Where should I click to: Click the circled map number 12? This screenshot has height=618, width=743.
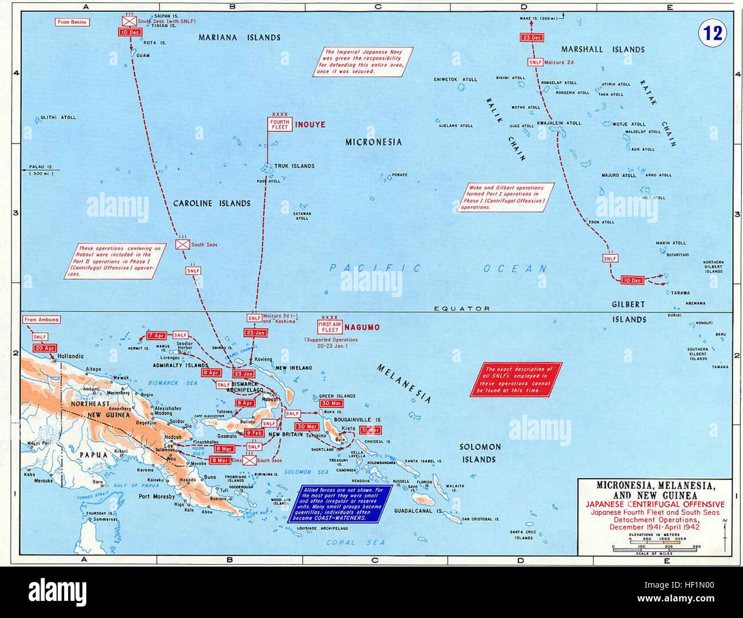pyautogui.click(x=713, y=33)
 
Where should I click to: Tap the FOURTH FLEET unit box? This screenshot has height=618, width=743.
pyautogui.click(x=280, y=124)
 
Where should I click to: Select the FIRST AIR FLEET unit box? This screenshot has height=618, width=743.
pyautogui.click(x=330, y=327)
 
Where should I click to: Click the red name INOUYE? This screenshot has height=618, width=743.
pyautogui.click(x=310, y=124)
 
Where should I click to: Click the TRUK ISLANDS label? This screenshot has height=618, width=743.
pyautogui.click(x=294, y=166)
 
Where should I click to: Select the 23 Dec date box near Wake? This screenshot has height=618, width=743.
pyautogui.click(x=532, y=38)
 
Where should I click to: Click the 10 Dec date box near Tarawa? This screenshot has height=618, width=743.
pyautogui.click(x=632, y=280)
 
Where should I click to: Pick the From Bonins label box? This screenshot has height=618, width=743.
pyautogui.click(x=72, y=22)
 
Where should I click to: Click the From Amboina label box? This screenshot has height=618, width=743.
pyautogui.click(x=42, y=320)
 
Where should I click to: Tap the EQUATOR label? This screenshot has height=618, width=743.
pyautogui.click(x=462, y=308)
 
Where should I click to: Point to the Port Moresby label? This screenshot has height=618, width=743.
pyautogui.click(x=157, y=496)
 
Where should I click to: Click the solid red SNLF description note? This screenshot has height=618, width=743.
pyautogui.click(x=516, y=380)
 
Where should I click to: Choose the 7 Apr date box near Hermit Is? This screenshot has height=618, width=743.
pyautogui.click(x=157, y=336)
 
